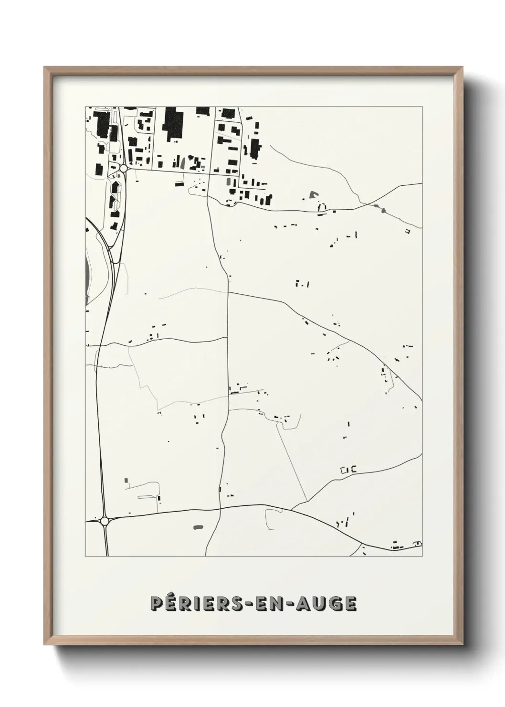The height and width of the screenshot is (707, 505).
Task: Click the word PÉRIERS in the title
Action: point(186,604)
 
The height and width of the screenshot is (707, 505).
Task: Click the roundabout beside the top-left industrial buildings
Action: point(124,168)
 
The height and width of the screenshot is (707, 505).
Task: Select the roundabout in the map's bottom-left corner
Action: point(105,521)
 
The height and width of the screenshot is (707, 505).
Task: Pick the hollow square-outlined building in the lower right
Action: point(343,470)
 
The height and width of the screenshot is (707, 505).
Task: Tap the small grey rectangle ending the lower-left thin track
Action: point(126,480)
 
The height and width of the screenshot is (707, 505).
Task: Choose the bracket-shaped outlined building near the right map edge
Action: point(408,231)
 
